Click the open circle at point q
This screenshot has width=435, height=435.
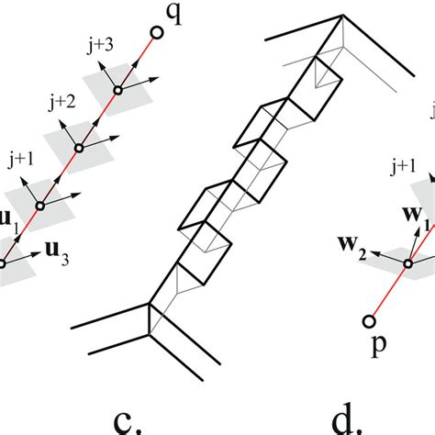[x=158, y=33]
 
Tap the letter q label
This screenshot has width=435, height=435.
[x=173, y=14]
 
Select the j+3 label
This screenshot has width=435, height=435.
[x=100, y=46]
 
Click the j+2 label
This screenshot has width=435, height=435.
[x=62, y=103]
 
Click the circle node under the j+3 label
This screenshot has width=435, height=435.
[x=118, y=91]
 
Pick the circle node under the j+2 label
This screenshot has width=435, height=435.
[x=79, y=149]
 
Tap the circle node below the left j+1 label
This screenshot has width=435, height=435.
[x=40, y=206]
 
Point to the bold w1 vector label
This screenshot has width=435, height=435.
[x=416, y=216]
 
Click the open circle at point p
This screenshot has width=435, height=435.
[x=369, y=321]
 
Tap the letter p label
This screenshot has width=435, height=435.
[x=378, y=346]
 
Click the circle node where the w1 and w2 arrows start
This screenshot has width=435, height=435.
[x=407, y=263]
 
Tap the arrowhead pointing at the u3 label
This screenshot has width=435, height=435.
[x=37, y=253]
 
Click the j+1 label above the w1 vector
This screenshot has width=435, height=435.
[x=403, y=167]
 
